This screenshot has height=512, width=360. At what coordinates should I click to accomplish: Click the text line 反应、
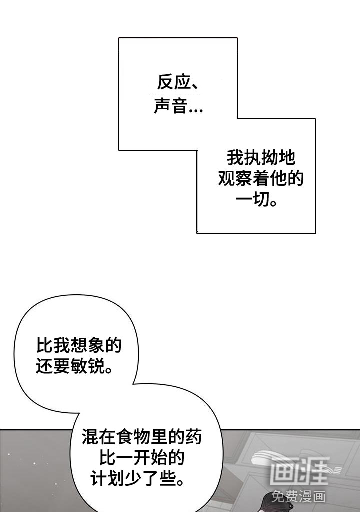[178, 82]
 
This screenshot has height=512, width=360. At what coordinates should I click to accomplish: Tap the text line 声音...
[171, 106]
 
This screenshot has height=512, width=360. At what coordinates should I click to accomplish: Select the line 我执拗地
[261, 158]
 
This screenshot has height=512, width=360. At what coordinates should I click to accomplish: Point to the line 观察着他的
[261, 179]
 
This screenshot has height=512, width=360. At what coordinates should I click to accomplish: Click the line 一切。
[256, 200]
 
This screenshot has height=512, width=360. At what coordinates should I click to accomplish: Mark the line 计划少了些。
[136, 479]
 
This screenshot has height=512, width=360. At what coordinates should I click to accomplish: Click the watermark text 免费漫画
[299, 496]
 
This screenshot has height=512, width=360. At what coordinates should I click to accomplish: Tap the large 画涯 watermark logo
[298, 470]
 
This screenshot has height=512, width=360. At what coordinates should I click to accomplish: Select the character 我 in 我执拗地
[235, 158]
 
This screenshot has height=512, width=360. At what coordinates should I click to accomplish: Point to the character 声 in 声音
[162, 106]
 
